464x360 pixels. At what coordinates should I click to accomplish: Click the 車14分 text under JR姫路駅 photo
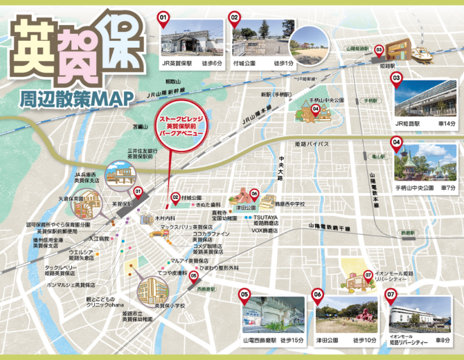[x=443, y=123]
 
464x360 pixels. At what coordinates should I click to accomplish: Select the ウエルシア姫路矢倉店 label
[x=81, y=254]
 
